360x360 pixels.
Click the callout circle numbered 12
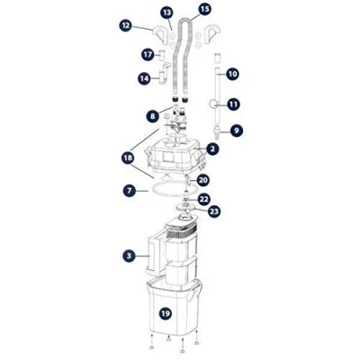tap(126, 26)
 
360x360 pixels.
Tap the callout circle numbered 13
tap(166, 13)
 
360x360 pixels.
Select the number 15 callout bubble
tap(204, 9)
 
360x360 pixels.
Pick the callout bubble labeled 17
tap(148, 55)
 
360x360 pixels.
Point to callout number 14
tap(145, 78)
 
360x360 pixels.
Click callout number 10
tap(232, 74)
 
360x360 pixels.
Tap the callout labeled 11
tap(233, 104)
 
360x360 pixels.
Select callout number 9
tap(237, 130)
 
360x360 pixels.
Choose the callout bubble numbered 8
tap(153, 116)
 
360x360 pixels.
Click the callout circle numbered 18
tap(129, 158)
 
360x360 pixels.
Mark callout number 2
tap(212, 148)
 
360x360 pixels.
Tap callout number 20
tap(203, 180)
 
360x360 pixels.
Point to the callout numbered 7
tap(130, 191)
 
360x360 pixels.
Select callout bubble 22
tap(204, 200)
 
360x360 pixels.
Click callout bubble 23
tap(214, 211)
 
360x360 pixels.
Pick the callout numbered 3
tap(129, 256)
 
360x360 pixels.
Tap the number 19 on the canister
tap(165, 314)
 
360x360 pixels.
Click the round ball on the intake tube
tap(213, 104)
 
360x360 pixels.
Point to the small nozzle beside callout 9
tap(218, 131)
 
